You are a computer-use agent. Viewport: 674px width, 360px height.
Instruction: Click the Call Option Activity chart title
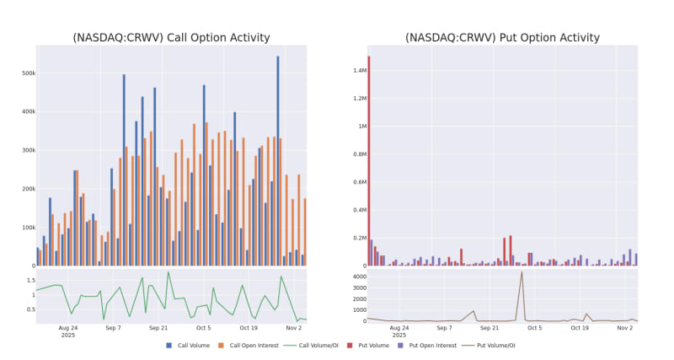(171, 38)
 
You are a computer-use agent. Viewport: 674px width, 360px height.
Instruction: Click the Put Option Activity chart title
(502, 38)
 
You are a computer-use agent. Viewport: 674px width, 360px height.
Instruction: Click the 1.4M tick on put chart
(355, 70)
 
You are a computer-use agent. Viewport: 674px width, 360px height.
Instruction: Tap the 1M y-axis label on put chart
(359, 126)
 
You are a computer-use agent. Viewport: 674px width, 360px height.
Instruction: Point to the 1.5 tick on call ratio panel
(27, 281)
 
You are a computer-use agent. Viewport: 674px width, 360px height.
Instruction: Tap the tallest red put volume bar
(369, 160)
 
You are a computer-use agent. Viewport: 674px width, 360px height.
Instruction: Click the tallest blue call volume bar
(278, 160)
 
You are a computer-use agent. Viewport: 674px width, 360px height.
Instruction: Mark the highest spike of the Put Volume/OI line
(522, 271)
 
